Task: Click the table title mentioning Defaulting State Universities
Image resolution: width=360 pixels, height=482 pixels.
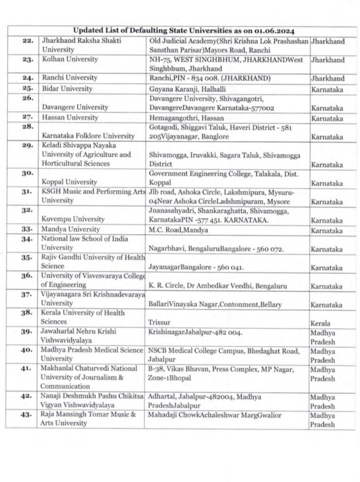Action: (x=184, y=31)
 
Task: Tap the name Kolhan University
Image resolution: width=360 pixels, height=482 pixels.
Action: (x=70, y=60)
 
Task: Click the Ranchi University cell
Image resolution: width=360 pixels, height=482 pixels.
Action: (x=70, y=78)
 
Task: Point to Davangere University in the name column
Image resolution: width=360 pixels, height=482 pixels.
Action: (x=71, y=107)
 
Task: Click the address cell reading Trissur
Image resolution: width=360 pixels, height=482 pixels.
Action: (x=158, y=323)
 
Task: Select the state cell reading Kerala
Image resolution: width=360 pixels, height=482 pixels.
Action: (x=320, y=323)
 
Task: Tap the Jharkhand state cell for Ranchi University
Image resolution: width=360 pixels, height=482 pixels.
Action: (x=328, y=79)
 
